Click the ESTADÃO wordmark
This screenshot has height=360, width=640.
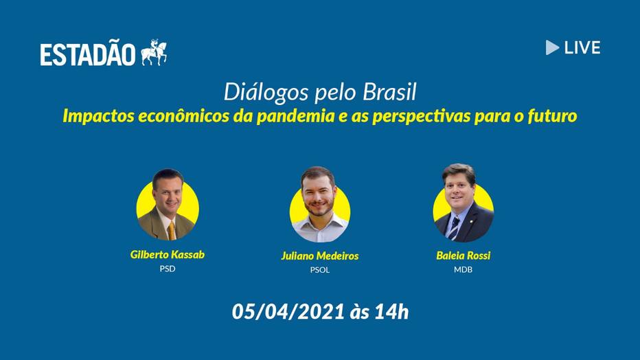[x=87, y=54]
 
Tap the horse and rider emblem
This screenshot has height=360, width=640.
[x=154, y=53]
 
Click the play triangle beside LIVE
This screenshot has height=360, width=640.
[x=552, y=47]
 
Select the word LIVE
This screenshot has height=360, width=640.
[x=582, y=48]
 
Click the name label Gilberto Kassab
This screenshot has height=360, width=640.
[x=168, y=255]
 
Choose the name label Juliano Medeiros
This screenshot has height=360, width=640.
[x=319, y=256]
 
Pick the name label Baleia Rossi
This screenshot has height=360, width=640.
[x=464, y=256]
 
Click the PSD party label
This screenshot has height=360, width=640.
[x=168, y=269]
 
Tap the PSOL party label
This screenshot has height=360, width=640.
[x=319, y=270]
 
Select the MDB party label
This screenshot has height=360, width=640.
[x=463, y=269]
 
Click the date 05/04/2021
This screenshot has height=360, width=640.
[x=288, y=312]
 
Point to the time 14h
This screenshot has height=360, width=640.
[x=391, y=312]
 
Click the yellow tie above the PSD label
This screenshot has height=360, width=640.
[x=172, y=231]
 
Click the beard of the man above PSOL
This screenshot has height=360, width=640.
[x=319, y=205]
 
